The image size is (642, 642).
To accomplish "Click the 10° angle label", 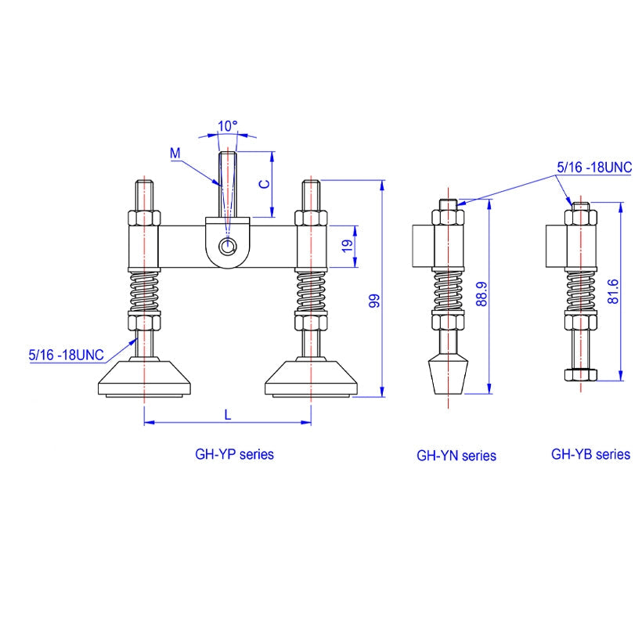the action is [x=228, y=126].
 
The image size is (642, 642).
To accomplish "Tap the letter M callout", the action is [x=175, y=153].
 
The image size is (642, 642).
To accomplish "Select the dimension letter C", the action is [x=265, y=184].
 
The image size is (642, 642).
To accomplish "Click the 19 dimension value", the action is [x=347, y=246].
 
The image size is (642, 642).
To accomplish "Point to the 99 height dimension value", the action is [x=374, y=301].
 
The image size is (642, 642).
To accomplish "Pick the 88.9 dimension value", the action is [x=482, y=294].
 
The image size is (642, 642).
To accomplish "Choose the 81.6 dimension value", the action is [x=613, y=291].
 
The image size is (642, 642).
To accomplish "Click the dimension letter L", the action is [x=228, y=415].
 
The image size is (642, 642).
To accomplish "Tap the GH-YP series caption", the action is [x=234, y=454].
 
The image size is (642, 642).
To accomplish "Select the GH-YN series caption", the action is [x=456, y=456].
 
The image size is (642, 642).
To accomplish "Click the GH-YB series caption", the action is [x=590, y=454].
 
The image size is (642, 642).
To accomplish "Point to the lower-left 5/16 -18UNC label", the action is [x=67, y=355].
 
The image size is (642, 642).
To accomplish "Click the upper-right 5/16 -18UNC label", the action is [x=594, y=167].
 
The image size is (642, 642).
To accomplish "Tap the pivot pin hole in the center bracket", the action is [x=227, y=247].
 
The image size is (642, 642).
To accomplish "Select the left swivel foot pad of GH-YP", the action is [x=145, y=378].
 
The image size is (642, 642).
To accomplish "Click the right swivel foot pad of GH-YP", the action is [x=311, y=378].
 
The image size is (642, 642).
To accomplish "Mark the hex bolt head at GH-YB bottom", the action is [x=581, y=375].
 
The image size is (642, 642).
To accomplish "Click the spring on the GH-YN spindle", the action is [x=449, y=291].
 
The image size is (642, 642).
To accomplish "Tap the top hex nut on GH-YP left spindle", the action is [x=144, y=218].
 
